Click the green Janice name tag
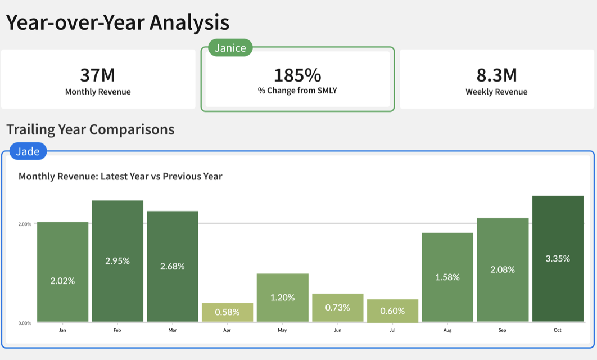click(x=230, y=48)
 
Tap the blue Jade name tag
click(x=28, y=151)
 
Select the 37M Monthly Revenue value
click(x=98, y=75)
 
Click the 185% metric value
click(x=297, y=75)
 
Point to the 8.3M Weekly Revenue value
click(x=496, y=75)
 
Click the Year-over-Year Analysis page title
click(x=117, y=22)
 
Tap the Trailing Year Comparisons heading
click(x=91, y=129)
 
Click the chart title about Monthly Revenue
click(x=120, y=176)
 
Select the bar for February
click(x=117, y=261)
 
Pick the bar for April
click(x=227, y=312)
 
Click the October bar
click(x=558, y=259)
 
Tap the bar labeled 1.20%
click(x=282, y=298)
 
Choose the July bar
click(x=392, y=310)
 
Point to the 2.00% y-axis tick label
click(x=25, y=224)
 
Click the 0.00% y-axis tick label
click(x=25, y=323)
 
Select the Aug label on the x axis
click(x=447, y=330)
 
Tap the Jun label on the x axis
click(x=337, y=330)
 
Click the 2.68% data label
click(x=173, y=266)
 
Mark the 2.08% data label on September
click(x=503, y=269)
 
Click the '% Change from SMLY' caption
click(x=297, y=90)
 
